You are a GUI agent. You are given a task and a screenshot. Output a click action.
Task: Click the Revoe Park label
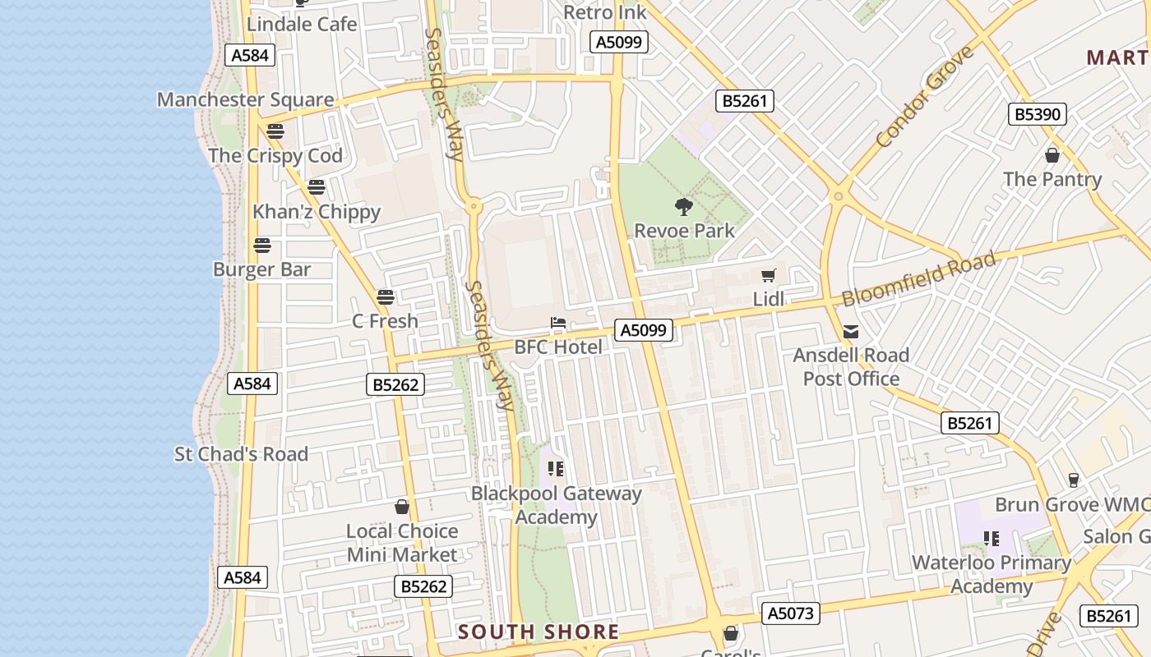click(684, 231)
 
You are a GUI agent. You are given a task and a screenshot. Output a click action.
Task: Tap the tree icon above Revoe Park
click(683, 206)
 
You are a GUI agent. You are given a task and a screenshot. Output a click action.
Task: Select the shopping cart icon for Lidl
click(769, 276)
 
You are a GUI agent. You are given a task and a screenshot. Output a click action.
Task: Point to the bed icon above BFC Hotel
click(558, 323)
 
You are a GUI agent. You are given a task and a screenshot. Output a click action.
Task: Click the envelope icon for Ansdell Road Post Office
click(851, 332)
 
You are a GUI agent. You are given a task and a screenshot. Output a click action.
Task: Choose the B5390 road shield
click(1037, 114)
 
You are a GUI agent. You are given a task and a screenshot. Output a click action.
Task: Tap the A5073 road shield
click(790, 613)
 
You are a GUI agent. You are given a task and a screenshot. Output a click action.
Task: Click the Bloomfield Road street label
click(918, 279)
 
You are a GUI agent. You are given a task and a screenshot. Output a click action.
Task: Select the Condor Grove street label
click(925, 97)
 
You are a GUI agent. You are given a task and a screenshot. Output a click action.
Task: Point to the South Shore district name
click(539, 632)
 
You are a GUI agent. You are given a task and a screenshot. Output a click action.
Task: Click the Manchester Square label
click(245, 100)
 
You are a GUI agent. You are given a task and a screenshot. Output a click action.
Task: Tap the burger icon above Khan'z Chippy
click(317, 187)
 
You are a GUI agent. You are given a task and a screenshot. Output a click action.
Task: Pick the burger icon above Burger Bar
click(262, 245)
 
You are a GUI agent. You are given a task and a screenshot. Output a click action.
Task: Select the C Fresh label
click(385, 321)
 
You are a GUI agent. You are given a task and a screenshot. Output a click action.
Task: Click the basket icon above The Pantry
click(1052, 154)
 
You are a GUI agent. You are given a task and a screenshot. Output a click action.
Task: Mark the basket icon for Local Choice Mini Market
click(402, 507)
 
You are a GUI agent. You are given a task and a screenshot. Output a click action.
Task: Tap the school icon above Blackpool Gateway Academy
click(556, 469)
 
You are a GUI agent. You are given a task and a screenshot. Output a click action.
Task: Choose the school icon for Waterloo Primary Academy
click(992, 539)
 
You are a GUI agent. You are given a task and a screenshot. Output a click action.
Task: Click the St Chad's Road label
click(241, 454)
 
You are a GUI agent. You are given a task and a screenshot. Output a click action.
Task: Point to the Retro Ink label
click(605, 12)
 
